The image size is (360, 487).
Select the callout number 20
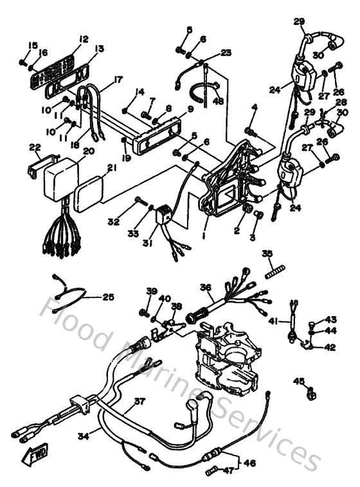click(89, 151)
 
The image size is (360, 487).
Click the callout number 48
click(219, 100)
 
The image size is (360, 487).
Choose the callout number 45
click(298, 382)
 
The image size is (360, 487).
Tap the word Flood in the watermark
click(77, 321)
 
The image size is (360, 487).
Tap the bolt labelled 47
click(213, 472)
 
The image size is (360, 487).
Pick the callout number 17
click(118, 81)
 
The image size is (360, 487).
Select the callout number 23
click(226, 53)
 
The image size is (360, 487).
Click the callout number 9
click(191, 109)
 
